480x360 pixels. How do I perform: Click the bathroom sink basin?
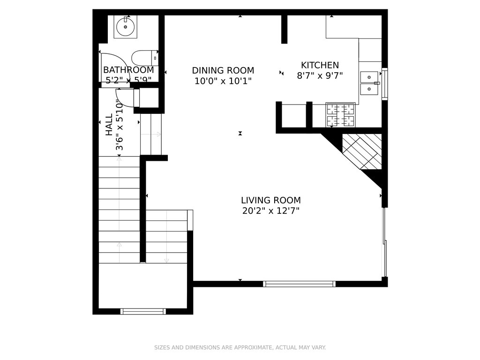(x=126, y=27)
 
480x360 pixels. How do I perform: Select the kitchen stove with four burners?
(x=340, y=115)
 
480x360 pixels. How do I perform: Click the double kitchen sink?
(x=369, y=83)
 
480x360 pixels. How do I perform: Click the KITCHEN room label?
(x=320, y=65)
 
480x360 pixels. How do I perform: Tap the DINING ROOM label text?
(x=223, y=70)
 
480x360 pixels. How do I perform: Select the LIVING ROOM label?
(x=271, y=200)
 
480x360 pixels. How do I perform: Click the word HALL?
(x=109, y=125)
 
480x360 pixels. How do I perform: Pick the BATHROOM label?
(x=128, y=70)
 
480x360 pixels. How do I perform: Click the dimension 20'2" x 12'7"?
(x=271, y=211)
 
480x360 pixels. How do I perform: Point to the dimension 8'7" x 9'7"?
(x=320, y=75)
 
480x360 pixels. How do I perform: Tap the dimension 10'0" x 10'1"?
(x=223, y=81)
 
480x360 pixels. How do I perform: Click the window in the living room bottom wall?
(x=300, y=284)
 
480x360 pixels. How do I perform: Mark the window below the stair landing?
(x=143, y=311)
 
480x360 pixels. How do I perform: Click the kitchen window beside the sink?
(x=385, y=83)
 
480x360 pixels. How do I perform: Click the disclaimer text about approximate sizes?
(x=240, y=347)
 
